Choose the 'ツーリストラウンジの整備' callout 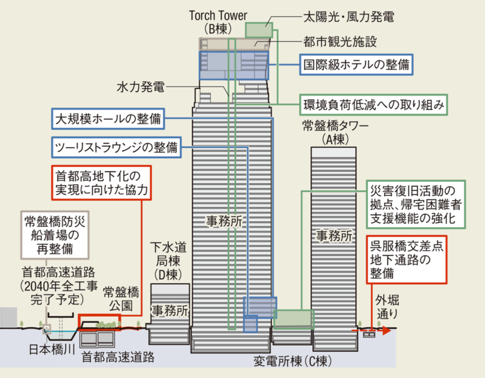[x=115, y=147]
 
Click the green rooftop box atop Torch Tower [x=259, y=30]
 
